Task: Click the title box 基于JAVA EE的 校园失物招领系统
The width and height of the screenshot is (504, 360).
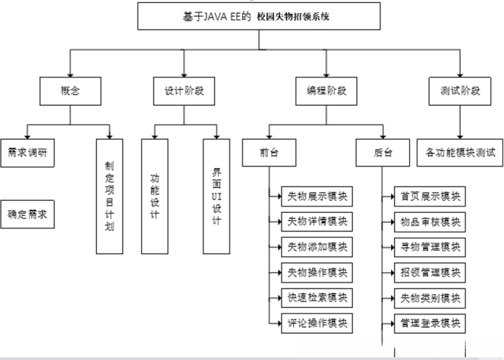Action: click(251, 16)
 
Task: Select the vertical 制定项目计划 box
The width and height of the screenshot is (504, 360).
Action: click(110, 196)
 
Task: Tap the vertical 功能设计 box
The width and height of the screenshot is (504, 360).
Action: click(155, 196)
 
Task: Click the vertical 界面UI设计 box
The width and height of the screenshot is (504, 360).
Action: click(217, 196)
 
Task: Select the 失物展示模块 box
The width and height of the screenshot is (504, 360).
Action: click(316, 196)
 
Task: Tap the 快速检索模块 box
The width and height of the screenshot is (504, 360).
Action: click(316, 297)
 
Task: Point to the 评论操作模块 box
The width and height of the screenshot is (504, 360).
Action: click(316, 322)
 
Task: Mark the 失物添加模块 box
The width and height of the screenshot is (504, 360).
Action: click(316, 247)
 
